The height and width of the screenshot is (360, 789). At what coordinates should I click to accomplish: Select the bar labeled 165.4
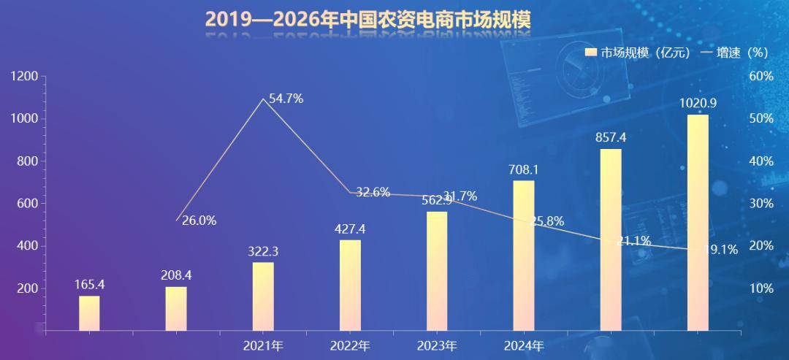coord(89,313)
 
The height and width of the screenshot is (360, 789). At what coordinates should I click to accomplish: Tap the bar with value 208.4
coord(176,309)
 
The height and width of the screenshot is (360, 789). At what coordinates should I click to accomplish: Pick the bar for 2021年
coord(263,296)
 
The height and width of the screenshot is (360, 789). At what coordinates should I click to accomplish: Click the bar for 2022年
coord(350,286)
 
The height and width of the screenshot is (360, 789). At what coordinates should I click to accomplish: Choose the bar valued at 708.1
coord(524,256)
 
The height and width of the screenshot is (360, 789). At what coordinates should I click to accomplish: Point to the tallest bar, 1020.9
coord(698,223)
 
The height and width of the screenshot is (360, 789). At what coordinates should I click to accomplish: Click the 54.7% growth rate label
coord(286,99)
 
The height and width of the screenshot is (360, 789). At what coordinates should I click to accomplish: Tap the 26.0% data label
coord(199,221)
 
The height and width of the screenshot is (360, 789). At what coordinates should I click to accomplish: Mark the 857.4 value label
coord(611,138)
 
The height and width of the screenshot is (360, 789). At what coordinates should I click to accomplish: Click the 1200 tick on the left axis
coord(25,77)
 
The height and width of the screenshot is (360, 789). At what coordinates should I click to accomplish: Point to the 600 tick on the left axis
coord(28,204)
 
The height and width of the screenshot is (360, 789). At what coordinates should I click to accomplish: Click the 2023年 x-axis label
coord(437,345)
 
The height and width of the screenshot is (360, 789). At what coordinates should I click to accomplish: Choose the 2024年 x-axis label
coord(524,345)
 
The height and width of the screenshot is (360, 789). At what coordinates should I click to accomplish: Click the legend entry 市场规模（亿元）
coord(639,53)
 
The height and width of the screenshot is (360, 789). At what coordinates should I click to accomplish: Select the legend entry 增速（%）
coord(738,53)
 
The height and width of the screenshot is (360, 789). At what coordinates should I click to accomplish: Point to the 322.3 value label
coord(263,251)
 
